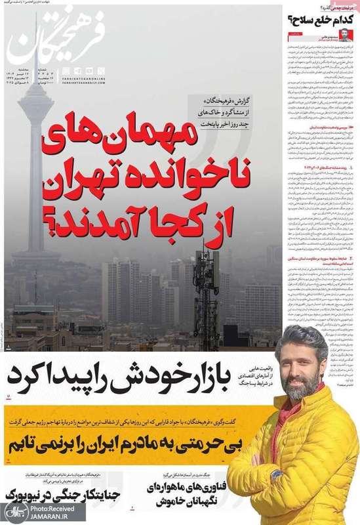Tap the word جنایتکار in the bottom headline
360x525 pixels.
pyautogui.click(x=85, y=492)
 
